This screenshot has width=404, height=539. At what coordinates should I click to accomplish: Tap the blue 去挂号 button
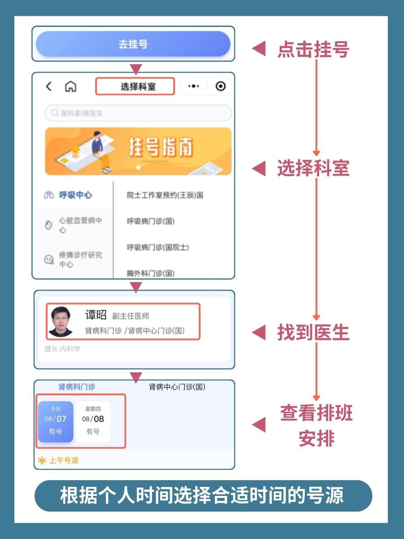coord(133,44)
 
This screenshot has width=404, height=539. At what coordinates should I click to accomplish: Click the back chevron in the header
coord(49,86)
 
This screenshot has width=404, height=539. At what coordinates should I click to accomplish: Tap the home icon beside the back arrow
coord(70,86)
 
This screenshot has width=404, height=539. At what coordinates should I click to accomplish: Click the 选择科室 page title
coord(135,87)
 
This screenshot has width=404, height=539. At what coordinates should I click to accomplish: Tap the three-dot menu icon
coord(193,86)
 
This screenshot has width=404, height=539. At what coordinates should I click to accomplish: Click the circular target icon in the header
coord(220,86)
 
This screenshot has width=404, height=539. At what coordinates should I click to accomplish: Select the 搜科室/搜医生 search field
coord(138,113)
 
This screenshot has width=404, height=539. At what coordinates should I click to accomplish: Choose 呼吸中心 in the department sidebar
coord(75,195)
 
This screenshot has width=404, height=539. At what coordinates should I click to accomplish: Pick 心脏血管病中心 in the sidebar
coord(80,225)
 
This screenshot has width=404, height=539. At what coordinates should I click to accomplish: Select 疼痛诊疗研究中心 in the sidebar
coord(80,260)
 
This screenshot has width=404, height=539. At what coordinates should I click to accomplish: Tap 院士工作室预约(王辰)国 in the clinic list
coord(165,195)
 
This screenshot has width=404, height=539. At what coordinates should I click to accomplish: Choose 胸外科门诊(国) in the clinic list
coord(150,273)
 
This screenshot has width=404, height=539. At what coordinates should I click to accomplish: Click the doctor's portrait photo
coord(60,321)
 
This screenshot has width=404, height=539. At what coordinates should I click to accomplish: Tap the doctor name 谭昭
coord(96,315)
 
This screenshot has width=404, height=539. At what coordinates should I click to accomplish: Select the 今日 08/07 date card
coord(55,422)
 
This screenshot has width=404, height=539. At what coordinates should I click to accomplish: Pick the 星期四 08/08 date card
coord(93,422)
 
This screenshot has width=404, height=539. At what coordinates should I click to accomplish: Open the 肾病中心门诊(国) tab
coord(177,387)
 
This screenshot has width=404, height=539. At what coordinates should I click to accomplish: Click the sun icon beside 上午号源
coord(42,460)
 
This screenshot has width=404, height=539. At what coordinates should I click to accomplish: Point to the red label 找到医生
coord(313,333)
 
